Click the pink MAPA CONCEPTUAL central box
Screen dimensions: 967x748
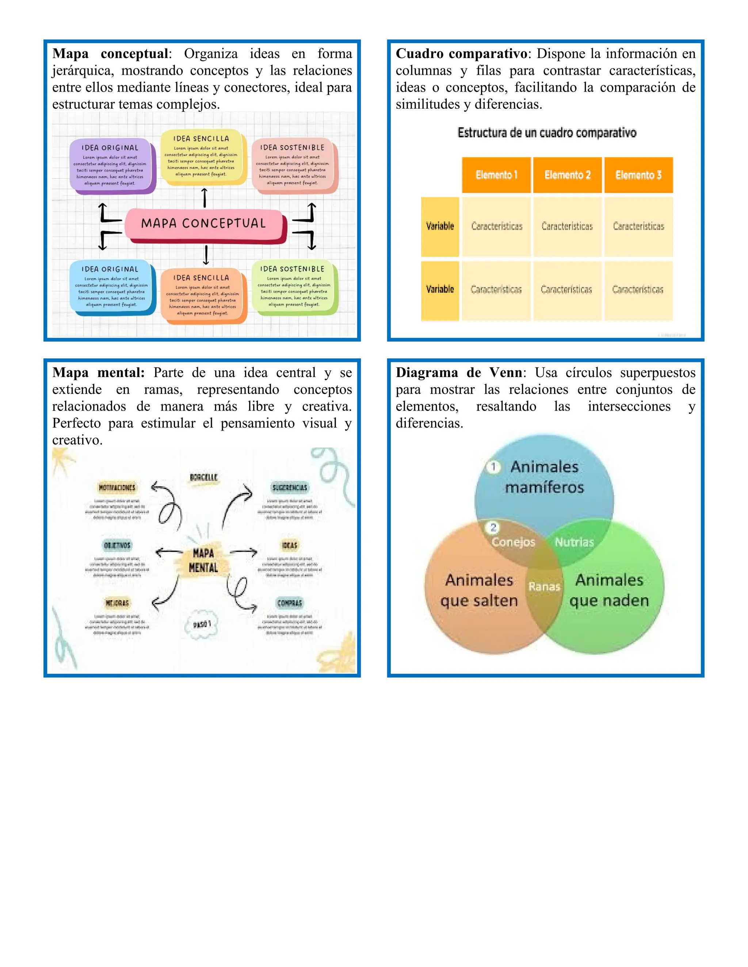(204, 224)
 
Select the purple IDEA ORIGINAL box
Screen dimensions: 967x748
(111, 166)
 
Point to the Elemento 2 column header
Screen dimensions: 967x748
(567, 175)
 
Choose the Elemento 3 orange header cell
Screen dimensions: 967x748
(638, 175)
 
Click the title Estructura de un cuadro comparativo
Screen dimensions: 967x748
(547, 133)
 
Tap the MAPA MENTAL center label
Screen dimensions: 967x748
(203, 560)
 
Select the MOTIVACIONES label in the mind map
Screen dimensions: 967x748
(117, 488)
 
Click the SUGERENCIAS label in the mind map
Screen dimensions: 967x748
(290, 488)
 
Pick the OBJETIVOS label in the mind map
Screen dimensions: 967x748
(117, 545)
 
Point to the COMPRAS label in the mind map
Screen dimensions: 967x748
(290, 603)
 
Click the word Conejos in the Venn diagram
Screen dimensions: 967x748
(513, 542)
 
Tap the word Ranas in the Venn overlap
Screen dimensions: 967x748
(544, 587)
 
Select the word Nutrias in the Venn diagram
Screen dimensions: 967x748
(574, 542)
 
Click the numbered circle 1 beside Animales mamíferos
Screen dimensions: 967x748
(493, 467)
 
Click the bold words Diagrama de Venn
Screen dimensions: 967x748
(459, 373)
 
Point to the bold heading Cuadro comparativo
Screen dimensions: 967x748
(461, 54)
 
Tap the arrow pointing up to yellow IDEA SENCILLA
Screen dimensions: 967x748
(204, 197)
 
